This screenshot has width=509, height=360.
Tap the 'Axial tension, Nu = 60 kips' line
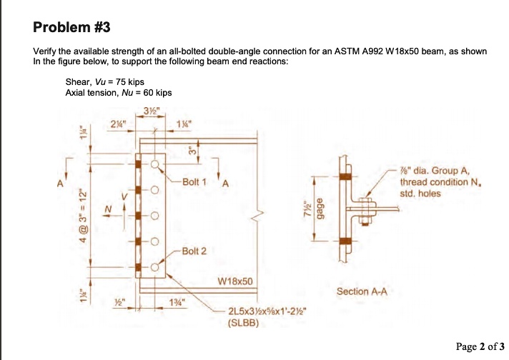119,92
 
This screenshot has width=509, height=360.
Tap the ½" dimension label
127,302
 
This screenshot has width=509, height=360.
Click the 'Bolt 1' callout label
194,181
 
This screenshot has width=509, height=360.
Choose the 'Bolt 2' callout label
194,251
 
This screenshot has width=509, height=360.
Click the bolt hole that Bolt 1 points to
155,164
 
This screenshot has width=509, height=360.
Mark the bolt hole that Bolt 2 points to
155,268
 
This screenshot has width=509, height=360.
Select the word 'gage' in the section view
320,207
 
